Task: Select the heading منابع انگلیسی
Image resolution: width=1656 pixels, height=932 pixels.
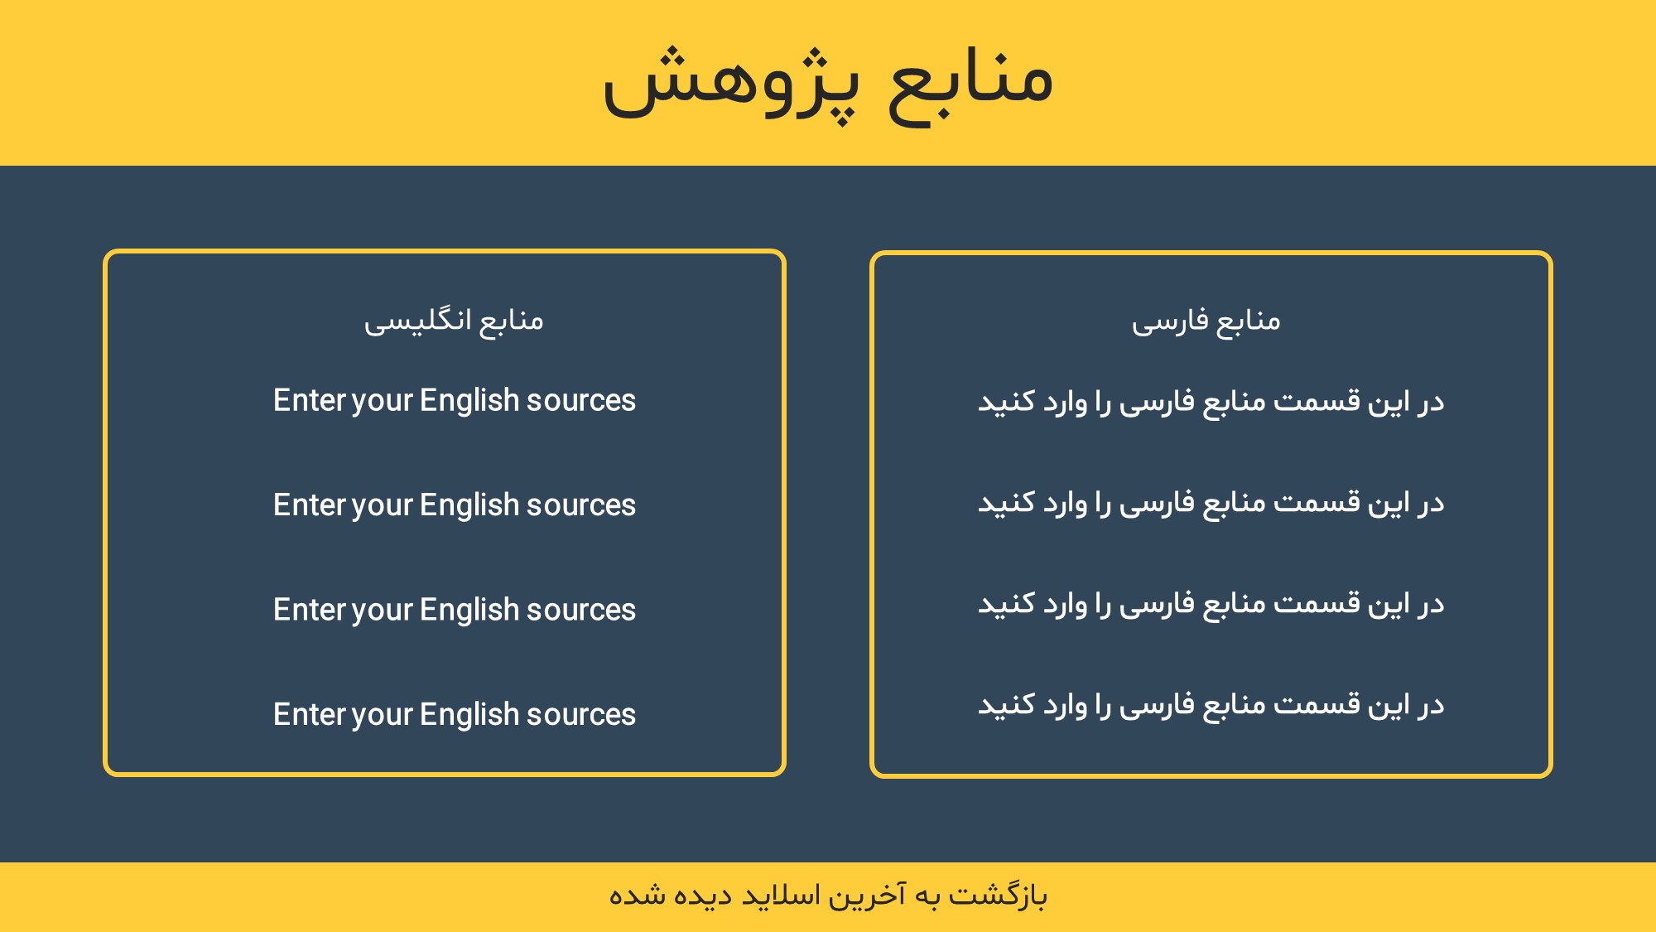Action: (x=454, y=321)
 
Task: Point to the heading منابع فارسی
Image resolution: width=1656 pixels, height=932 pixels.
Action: (x=1206, y=321)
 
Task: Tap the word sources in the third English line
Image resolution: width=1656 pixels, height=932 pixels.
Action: (x=581, y=611)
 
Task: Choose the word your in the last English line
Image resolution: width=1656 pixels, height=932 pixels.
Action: (x=382, y=716)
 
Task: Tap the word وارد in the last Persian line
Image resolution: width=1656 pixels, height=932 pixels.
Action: (x=1065, y=706)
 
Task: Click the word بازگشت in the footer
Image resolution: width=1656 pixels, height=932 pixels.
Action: (x=998, y=896)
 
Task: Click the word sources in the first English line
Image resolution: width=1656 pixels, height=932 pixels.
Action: (x=581, y=401)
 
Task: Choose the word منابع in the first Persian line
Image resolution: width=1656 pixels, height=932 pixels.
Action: (x=1235, y=403)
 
